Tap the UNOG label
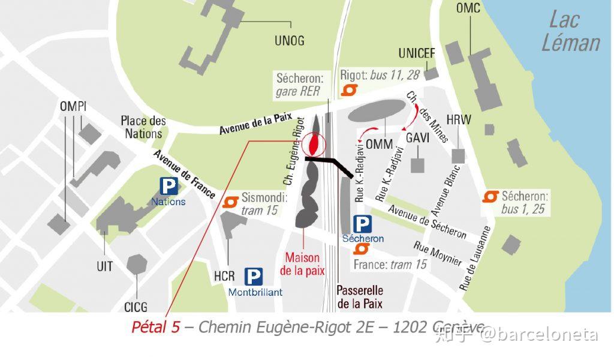(289, 41)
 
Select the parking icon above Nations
(168, 186)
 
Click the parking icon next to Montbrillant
(253, 277)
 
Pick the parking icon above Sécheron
(362, 224)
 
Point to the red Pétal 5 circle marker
(314, 144)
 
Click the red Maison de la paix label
(302, 264)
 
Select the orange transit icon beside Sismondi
(230, 202)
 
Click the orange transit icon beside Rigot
(349, 90)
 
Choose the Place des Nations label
(143, 127)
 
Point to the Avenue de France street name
(184, 174)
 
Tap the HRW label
(459, 120)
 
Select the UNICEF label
(417, 53)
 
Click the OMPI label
(73, 107)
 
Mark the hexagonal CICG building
(137, 265)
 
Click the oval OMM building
(375, 112)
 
